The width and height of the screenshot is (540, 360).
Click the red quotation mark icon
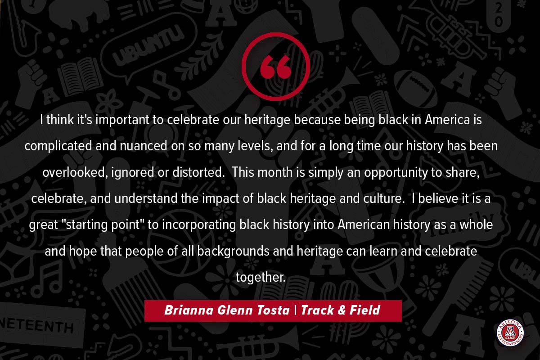275,67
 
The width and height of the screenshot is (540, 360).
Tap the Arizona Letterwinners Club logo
510,333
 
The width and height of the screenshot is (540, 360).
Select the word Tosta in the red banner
273,310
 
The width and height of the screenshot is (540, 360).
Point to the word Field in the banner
365,310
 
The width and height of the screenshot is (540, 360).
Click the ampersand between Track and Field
342,310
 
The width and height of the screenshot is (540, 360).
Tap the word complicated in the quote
58,146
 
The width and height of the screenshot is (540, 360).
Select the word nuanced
144,146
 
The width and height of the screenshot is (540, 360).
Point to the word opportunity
396,173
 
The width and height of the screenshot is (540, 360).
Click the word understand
146,198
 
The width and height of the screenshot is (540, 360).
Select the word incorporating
199,225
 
